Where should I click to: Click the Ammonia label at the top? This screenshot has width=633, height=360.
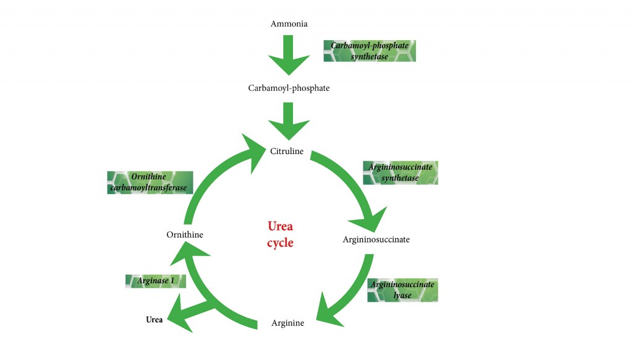tap(289, 24)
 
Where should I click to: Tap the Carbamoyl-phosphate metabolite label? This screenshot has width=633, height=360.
tap(289, 88)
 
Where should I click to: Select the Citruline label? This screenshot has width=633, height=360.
tap(287, 151)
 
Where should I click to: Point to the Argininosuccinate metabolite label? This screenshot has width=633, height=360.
tap(376, 239)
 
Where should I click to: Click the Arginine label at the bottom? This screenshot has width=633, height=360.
tap(287, 323)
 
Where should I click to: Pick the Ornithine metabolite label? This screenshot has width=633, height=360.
tap(184, 234)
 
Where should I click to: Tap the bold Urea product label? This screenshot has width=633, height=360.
tap(154, 320)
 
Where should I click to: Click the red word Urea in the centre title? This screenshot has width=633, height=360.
tap(280, 226)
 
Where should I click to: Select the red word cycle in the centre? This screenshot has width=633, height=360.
tap(280, 242)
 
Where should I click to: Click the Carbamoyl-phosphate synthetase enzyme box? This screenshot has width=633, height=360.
tap(370, 51)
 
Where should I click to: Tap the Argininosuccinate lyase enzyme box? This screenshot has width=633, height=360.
tap(402, 289)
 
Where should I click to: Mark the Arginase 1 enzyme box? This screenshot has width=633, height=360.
tap(156, 281)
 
